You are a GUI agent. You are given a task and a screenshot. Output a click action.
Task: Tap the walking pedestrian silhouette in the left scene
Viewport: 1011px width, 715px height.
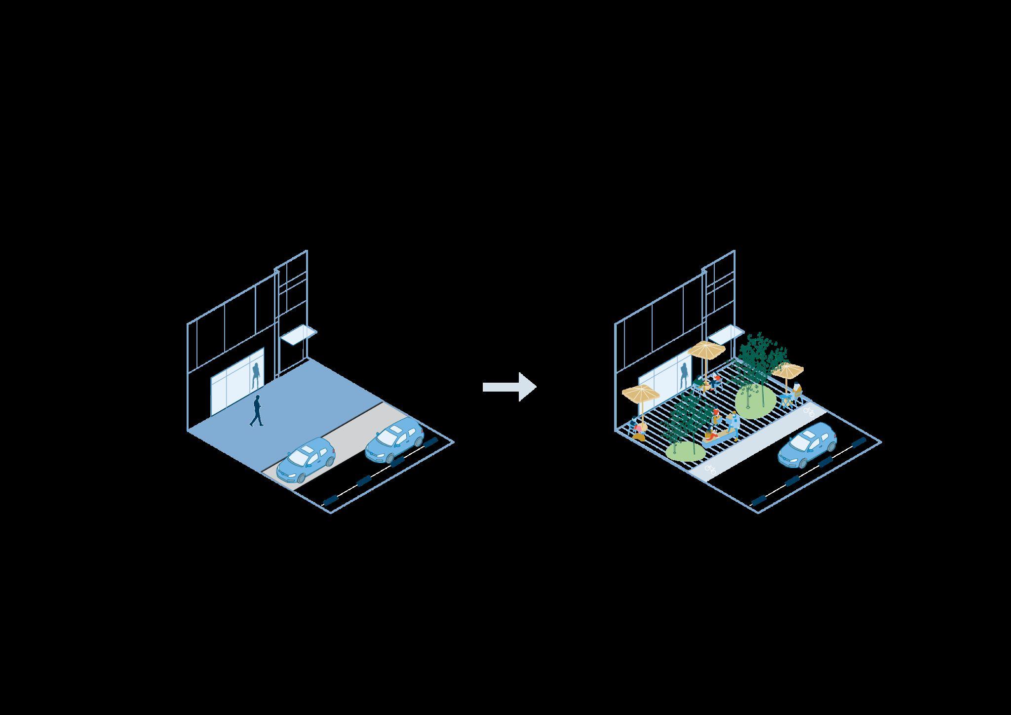(x=257, y=410)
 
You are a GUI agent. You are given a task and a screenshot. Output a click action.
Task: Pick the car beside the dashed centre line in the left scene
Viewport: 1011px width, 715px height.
(x=395, y=439)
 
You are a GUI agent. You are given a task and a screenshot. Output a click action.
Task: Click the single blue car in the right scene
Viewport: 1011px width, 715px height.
(x=808, y=445)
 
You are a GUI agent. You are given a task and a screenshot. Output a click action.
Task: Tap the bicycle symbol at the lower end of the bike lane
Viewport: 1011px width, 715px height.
(x=710, y=469)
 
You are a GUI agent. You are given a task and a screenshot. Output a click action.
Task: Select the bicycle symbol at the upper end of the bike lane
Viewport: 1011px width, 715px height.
(x=808, y=409)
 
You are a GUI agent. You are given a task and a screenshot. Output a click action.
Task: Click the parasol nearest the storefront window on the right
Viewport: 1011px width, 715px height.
(x=706, y=350)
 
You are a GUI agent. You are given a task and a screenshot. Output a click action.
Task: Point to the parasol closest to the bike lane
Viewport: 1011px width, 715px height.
(x=788, y=369)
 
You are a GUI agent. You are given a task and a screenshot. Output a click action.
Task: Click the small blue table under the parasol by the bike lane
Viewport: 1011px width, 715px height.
(x=785, y=397)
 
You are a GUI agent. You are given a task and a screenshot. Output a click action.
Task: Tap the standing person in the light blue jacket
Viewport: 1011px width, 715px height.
(x=734, y=424)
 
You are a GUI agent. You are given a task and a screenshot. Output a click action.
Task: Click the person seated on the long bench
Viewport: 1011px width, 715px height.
(x=711, y=435)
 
